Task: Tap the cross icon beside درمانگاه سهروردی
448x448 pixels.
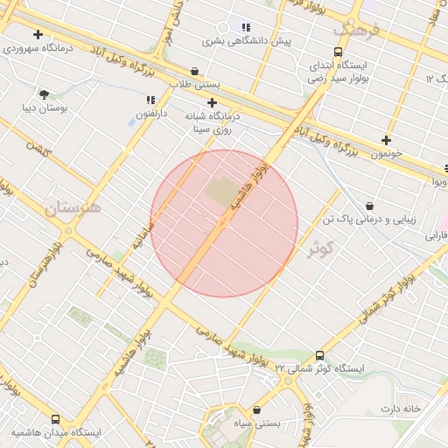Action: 38,35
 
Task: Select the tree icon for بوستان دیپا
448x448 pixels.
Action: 44,94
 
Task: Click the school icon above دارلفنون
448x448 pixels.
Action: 150,101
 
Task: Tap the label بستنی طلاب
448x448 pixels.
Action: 192,85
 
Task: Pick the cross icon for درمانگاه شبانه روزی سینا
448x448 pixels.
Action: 212,102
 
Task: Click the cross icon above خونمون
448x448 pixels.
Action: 386,140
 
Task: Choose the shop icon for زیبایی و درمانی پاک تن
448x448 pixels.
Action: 369,206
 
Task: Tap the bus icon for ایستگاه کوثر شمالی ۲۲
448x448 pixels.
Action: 319,356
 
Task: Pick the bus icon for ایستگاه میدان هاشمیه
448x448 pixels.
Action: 56,420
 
